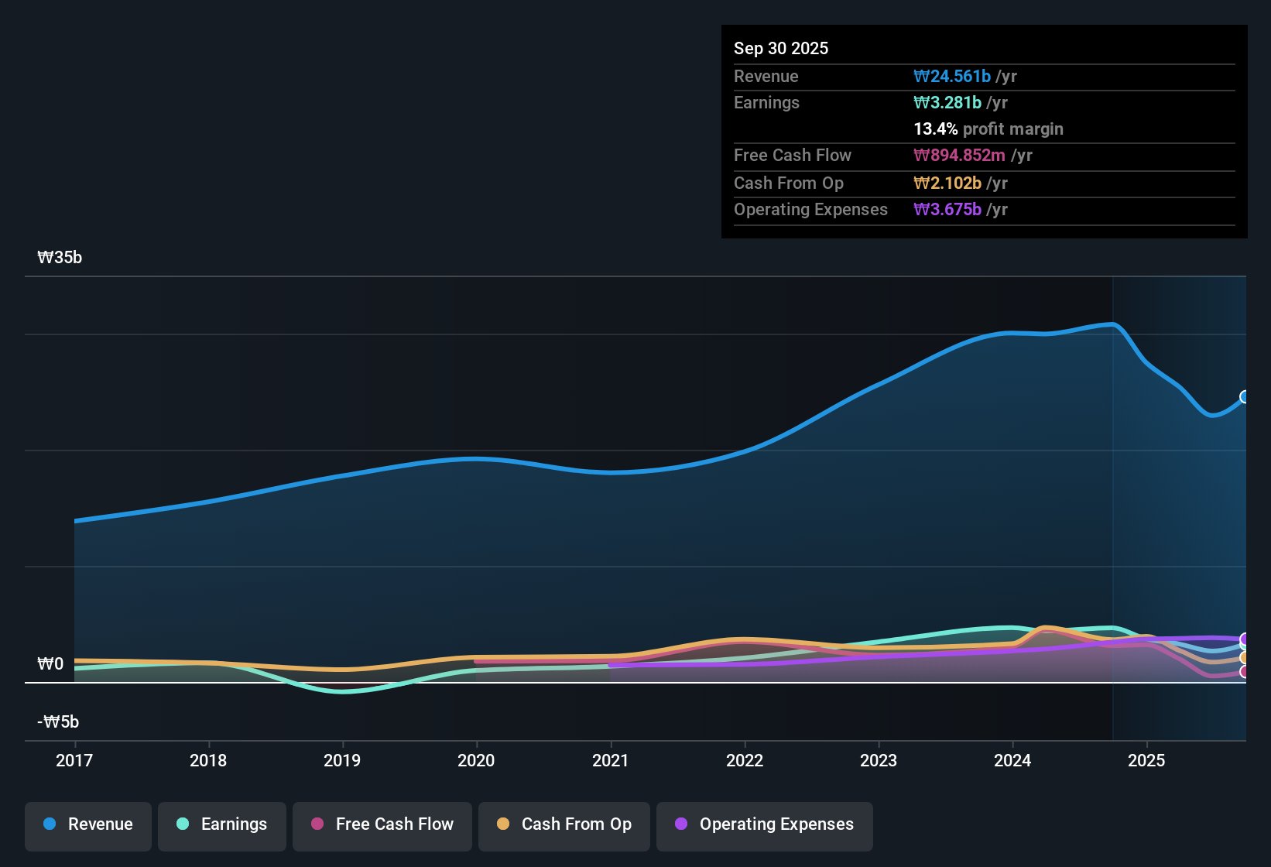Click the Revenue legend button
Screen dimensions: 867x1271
(x=88, y=824)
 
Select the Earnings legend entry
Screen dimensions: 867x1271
(x=222, y=824)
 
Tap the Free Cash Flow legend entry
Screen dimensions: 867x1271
(x=382, y=824)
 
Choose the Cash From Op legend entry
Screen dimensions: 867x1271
(x=564, y=824)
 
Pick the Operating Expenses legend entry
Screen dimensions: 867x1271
(x=765, y=824)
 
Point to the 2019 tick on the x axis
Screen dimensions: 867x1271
(x=342, y=760)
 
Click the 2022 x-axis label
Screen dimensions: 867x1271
(x=745, y=760)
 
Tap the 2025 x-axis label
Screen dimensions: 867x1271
(x=1146, y=760)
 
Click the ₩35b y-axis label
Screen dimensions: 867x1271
(x=60, y=258)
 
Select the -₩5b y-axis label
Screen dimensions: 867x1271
(x=58, y=722)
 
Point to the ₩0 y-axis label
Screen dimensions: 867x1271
(x=50, y=664)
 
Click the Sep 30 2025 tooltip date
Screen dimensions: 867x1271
(x=780, y=48)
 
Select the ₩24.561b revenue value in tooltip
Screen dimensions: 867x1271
(x=952, y=76)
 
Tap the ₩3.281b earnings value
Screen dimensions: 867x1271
(x=947, y=103)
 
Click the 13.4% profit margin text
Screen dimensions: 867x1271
(x=988, y=129)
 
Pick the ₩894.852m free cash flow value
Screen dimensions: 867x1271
(x=959, y=156)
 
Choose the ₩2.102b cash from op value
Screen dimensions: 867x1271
(x=947, y=183)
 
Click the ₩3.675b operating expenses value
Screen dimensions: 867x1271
(x=947, y=210)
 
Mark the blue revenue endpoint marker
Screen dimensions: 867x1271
(x=1245, y=397)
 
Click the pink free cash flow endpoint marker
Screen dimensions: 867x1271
(x=1245, y=672)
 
